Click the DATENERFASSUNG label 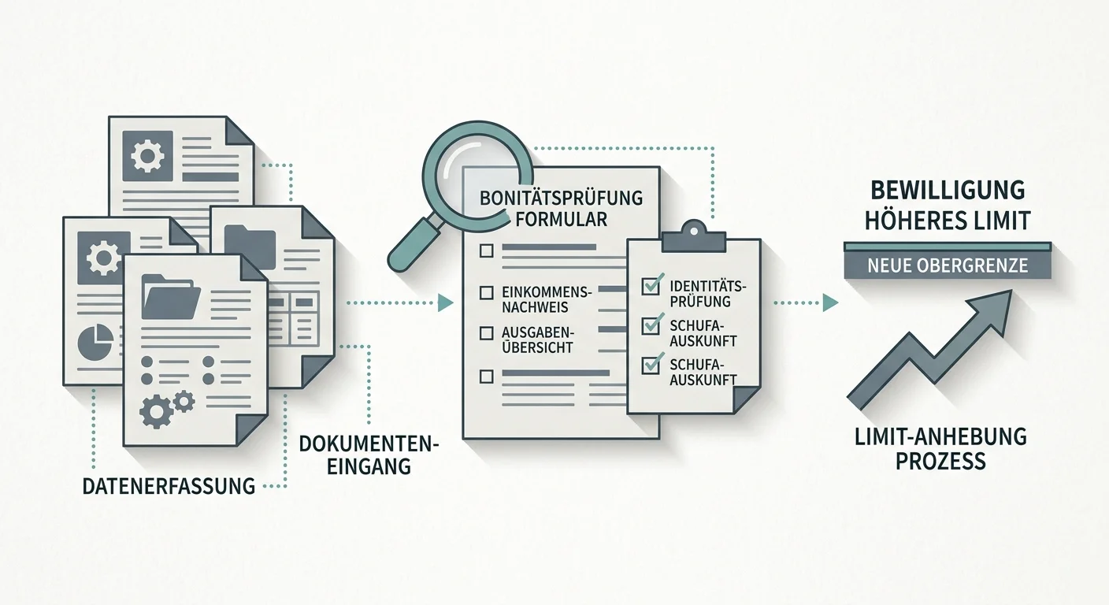coord(169,486)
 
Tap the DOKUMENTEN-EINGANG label coord(369,455)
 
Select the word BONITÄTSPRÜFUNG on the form coord(561,198)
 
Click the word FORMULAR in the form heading coord(561,219)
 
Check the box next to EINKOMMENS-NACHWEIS coord(486,293)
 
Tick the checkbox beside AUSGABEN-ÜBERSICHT coord(486,332)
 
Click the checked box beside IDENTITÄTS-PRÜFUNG coord(651,284)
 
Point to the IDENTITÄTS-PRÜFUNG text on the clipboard coord(707,294)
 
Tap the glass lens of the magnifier coord(477,176)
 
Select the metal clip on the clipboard coord(694,237)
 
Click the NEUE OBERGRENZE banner coord(948,265)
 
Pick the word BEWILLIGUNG coord(948,191)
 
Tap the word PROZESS coord(940,461)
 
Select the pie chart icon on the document coord(95,342)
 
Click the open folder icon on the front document coord(171,296)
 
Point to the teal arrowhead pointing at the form coord(445,302)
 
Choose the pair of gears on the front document coord(167,408)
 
